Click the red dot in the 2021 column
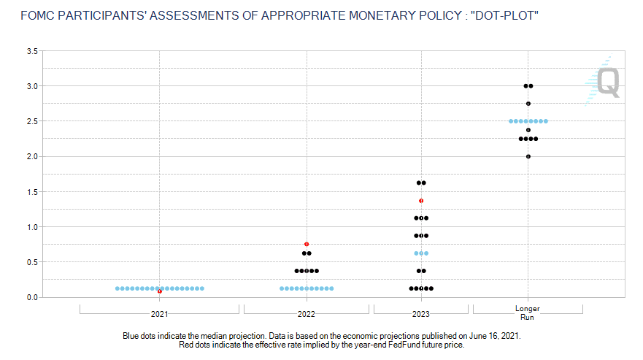pos(160,291)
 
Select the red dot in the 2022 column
pos(307,244)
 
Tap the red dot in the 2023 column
pos(421,201)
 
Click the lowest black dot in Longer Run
pos(528,156)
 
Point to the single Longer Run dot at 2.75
pos(528,104)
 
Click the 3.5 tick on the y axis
pos(32,51)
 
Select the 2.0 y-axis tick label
pos(32,157)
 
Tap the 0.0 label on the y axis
pos(32,297)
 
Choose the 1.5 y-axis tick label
pos(32,192)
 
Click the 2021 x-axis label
pos(159,314)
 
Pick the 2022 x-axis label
pos(307,314)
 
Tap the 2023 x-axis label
pos(421,314)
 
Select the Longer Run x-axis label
pos(528,313)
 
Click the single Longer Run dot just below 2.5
pos(528,130)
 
